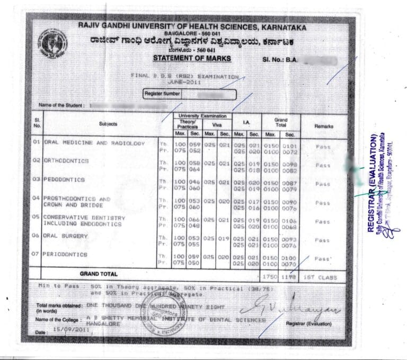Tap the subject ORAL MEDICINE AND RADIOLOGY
pos(94,143)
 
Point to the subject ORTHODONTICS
pos(66,160)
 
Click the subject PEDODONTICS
pos(65,179)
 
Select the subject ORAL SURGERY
pos(66,236)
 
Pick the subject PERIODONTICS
pos(66,255)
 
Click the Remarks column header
pos(324,127)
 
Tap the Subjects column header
pos(108,124)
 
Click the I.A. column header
pos(246,123)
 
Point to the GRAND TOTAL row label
pos(99,274)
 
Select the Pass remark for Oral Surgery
pos(323,240)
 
